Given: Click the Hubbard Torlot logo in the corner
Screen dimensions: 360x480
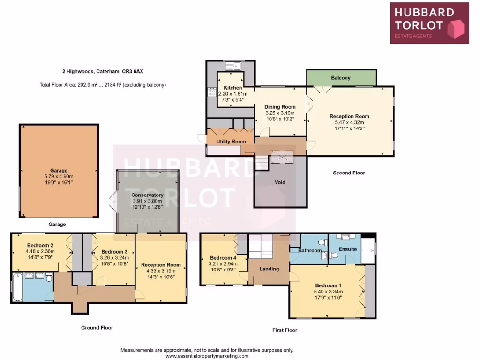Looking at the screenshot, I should tap(429, 23).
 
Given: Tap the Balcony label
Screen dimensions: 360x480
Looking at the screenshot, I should tap(341, 78).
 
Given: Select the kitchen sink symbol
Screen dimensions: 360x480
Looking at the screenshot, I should tap(232, 66).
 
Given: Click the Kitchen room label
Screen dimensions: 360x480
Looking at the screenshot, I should tap(232, 88).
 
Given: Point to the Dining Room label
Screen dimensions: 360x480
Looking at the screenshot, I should tap(280, 107).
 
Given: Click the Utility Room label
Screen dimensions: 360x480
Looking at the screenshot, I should tap(231, 142).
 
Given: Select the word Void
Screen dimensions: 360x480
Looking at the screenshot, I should tap(280, 182).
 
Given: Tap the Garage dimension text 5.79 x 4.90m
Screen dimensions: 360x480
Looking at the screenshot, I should tap(59, 176).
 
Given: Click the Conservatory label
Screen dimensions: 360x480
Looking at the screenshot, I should tap(147, 195).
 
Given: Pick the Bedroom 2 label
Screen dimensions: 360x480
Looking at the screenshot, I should tap(40, 245).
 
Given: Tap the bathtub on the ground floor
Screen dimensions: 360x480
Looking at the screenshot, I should tap(17, 287).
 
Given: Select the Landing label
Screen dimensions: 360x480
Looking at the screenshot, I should tap(269, 269).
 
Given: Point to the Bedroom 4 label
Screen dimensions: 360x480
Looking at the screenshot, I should tap(223, 258).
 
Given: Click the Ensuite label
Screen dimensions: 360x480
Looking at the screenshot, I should tap(348, 249).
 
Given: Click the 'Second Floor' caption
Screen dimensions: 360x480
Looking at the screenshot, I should tap(349, 173).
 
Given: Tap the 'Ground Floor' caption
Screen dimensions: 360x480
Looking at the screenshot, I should tap(97, 328).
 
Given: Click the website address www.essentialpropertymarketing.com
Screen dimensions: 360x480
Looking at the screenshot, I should tap(207, 356).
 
